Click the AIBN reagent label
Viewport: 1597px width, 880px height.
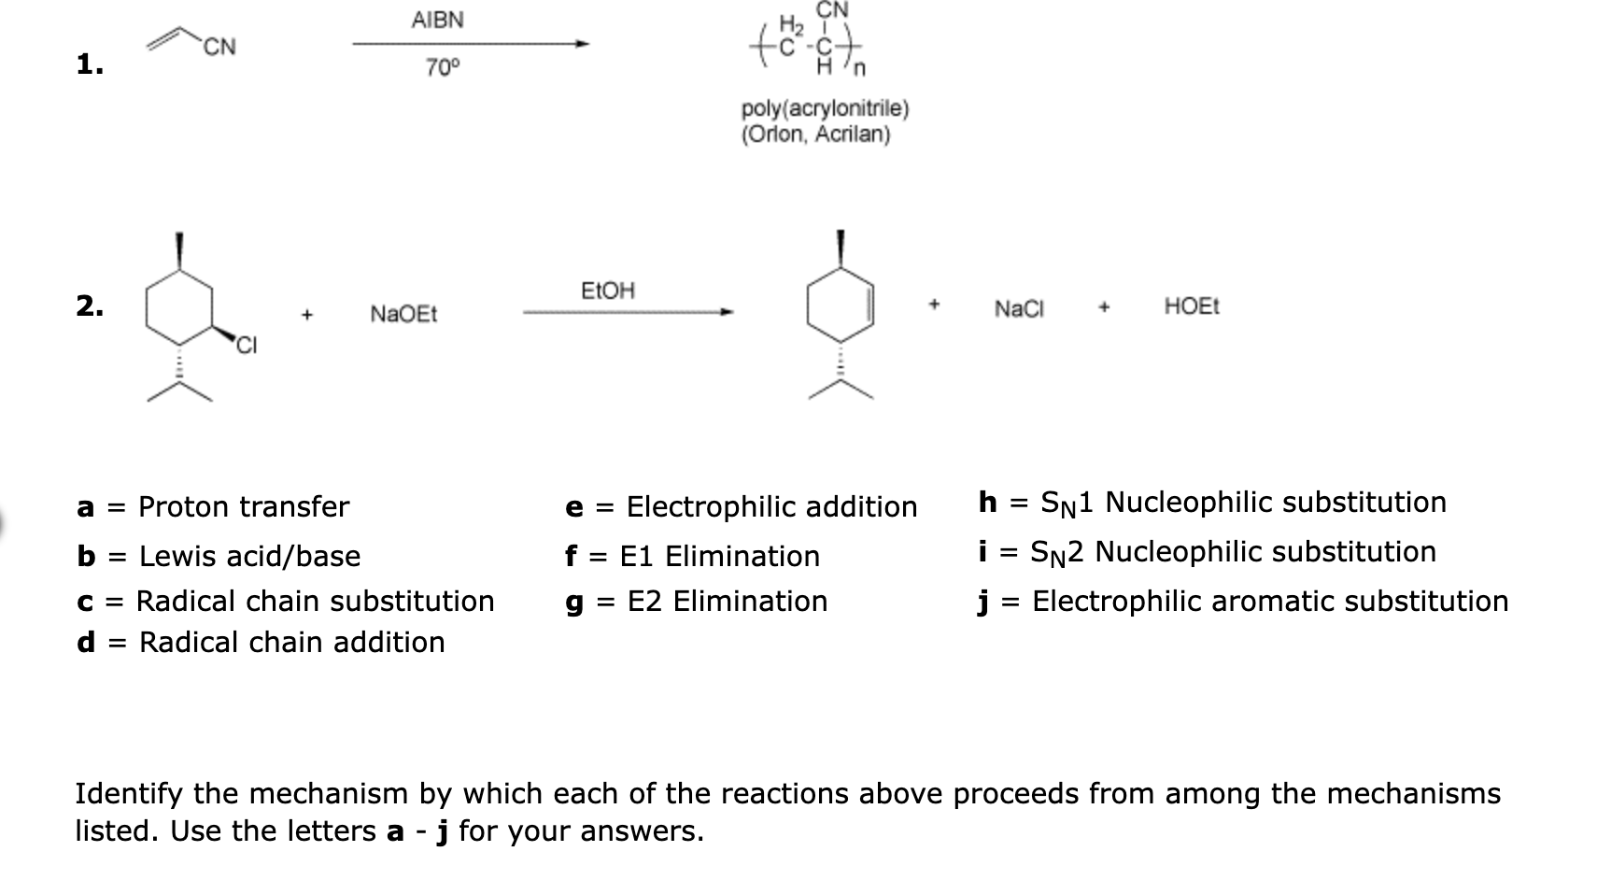coord(437,20)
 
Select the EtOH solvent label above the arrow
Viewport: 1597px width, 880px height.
coord(607,291)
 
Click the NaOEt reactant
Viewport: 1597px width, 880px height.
coord(403,314)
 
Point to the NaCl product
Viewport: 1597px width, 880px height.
coord(1019,308)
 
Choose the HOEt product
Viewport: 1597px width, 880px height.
coord(1192,306)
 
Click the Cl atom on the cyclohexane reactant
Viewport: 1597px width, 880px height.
coord(246,347)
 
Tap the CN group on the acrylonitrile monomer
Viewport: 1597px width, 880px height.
coord(219,47)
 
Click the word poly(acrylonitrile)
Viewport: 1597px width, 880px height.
coord(825,108)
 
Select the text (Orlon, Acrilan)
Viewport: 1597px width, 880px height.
coord(815,135)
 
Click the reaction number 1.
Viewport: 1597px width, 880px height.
coord(90,64)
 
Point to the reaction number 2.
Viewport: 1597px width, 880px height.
coord(90,305)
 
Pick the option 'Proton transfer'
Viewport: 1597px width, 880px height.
coord(243,507)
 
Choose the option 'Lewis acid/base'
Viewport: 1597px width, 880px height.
coord(249,557)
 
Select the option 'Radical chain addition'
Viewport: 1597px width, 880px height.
coord(291,643)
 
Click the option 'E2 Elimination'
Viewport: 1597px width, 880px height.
coord(727,602)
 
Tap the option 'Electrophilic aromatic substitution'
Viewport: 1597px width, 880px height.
coord(1269,602)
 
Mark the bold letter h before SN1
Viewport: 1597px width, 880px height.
coord(987,503)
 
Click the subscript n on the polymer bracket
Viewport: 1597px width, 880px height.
coord(860,68)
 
